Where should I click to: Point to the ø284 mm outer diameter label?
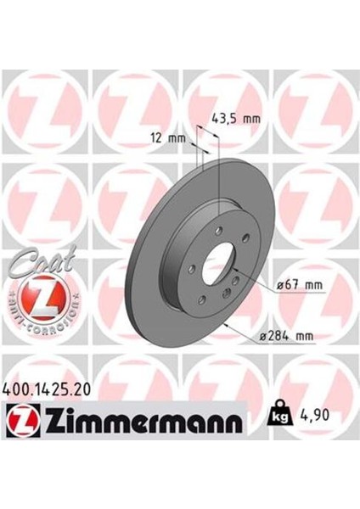pos(291,337)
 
